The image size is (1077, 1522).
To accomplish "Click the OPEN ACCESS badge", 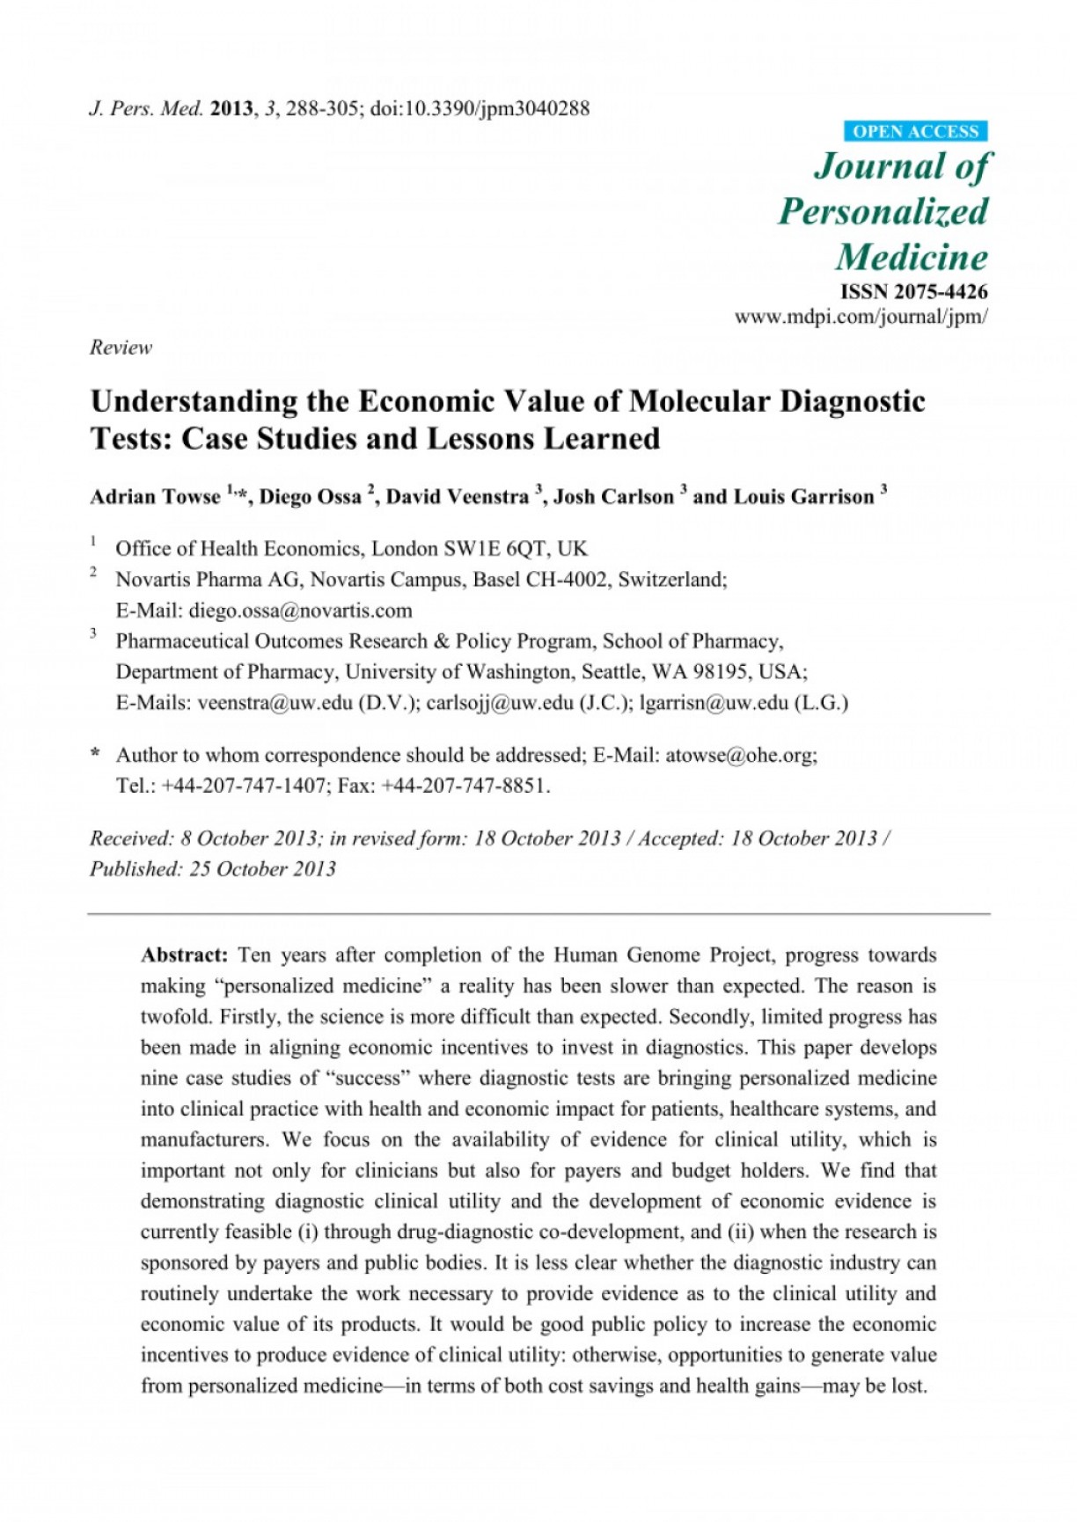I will coord(915,132).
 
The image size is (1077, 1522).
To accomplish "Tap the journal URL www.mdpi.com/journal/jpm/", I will coord(861,317).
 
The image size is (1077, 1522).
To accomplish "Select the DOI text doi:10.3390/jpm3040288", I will coord(480,109).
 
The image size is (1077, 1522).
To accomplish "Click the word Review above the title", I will coord(121,348).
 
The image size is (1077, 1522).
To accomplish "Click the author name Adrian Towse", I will coord(155,497).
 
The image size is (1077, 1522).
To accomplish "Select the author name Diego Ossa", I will coord(310,497).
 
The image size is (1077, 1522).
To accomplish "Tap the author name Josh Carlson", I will coord(613,497).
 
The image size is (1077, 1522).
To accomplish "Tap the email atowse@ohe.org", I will coord(741,755).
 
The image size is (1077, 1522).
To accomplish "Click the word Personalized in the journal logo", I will coord(883,212).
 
